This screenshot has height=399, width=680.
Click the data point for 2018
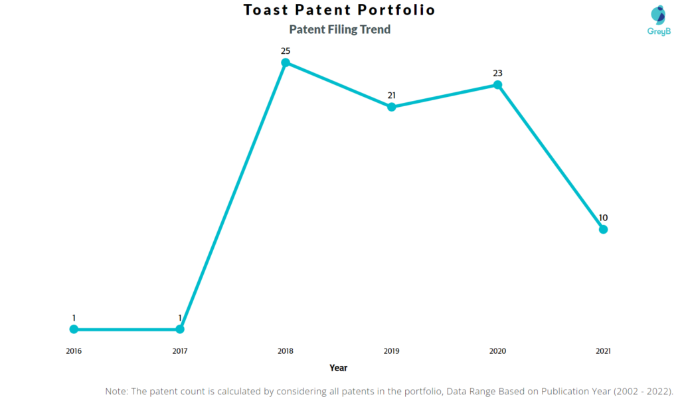[286, 63]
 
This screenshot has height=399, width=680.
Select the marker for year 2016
[74, 329]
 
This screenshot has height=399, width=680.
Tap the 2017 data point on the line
[180, 329]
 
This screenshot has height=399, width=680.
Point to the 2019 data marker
[392, 107]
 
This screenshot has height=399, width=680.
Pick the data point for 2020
[497, 85]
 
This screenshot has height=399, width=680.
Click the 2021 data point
[603, 229]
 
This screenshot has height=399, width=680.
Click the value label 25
[286, 50]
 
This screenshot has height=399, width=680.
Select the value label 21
[392, 95]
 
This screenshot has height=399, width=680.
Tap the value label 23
[497, 73]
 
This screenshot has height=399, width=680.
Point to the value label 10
[603, 217]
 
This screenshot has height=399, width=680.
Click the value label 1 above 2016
[74, 317]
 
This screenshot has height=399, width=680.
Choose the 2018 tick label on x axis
[286, 351]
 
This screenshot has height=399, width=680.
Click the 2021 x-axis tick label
[603, 351]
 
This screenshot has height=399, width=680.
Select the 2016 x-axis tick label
[74, 351]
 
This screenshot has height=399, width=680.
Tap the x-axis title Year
[339, 367]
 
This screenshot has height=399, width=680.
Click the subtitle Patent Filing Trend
[339, 29]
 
